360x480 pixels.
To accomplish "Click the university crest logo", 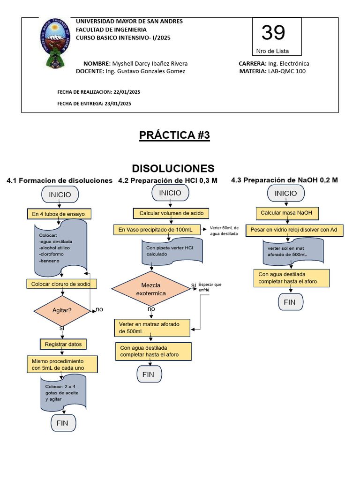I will click(55, 43).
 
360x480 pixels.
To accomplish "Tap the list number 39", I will click(273, 33).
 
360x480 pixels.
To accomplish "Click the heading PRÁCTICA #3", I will click(174, 135).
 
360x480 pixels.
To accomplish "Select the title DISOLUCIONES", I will click(173, 168).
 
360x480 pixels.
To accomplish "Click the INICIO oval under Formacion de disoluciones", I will click(60, 194).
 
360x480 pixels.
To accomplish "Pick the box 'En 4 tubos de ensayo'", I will click(59, 214).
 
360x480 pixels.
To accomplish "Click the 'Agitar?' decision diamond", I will click(62, 310).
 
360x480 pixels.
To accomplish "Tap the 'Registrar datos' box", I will click(63, 344).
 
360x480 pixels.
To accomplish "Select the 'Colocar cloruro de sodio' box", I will click(64, 284).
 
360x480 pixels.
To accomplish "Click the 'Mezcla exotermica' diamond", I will click(150, 289).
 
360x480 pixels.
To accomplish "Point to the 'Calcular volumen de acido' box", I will click(172, 213).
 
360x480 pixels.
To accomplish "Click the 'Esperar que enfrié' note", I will click(210, 287).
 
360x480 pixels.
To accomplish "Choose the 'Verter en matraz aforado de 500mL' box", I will click(152, 328).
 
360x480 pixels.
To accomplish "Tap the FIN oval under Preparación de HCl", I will click(149, 375).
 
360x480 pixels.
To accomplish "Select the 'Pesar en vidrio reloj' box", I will click(294, 230).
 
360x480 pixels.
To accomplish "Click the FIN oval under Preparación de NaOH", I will click(290, 302).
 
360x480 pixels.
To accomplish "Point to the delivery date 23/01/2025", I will click(118, 104).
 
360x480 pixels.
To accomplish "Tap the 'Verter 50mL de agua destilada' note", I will click(224, 230).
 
